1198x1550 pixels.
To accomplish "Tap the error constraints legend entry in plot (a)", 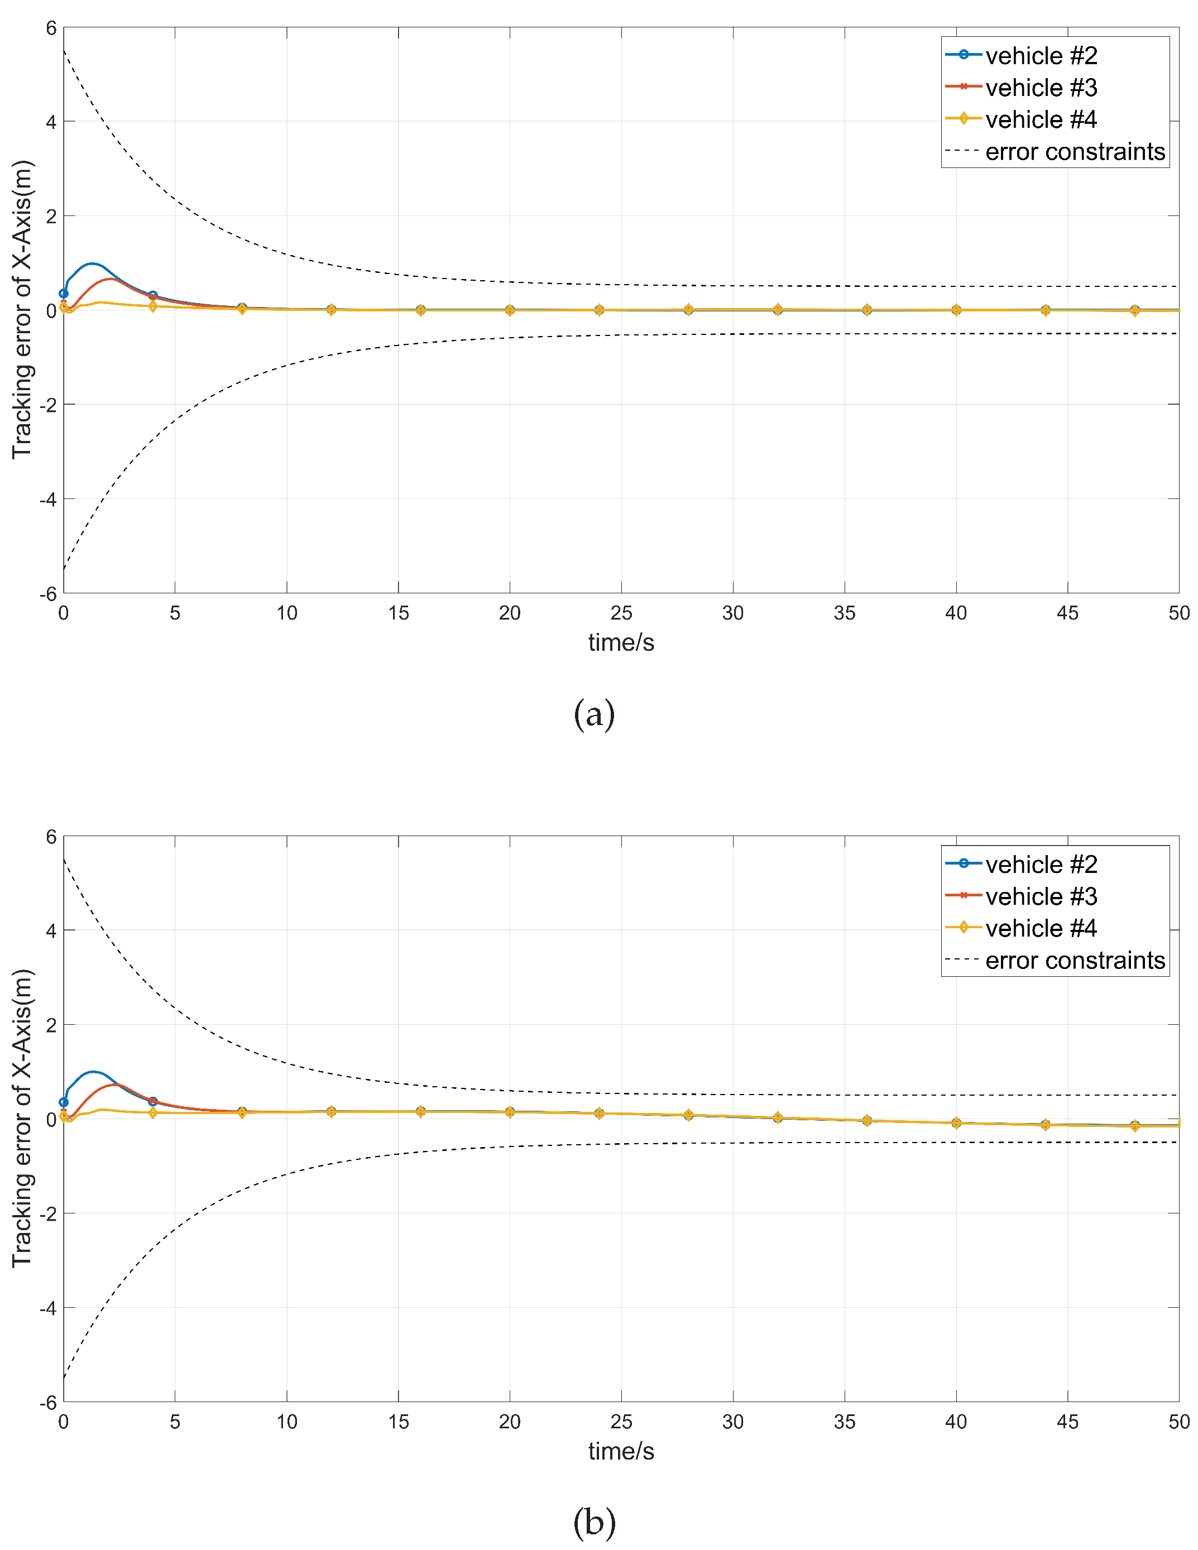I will pos(1074,152).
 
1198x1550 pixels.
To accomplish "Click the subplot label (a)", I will pos(593,713).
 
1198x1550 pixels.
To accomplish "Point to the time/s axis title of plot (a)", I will pos(621,642).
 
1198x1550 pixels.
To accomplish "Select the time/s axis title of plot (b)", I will pos(621,1451).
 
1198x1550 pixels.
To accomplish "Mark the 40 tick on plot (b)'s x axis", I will pos(955,1422).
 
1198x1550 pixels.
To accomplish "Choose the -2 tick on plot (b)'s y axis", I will pos(47,1213).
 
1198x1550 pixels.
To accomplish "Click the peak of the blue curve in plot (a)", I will pos(92,264).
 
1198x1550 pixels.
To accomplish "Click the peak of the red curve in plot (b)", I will pos(116,1084).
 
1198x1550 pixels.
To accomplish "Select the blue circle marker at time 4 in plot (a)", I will pos(152,296).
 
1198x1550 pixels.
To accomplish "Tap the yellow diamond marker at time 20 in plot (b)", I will pos(510,1112).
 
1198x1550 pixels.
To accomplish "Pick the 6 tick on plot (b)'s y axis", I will pos(50,837).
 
